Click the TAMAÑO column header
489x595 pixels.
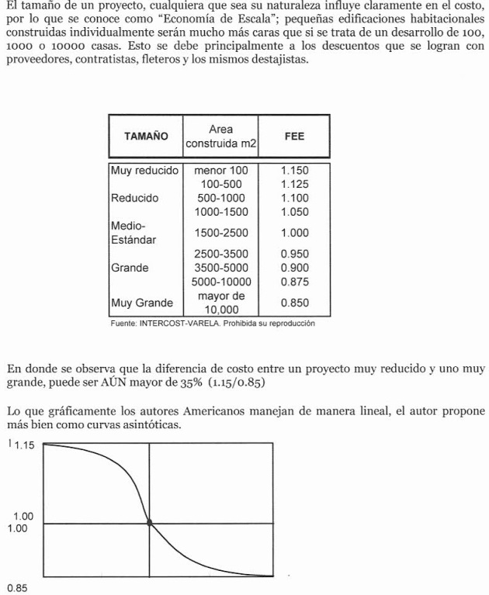(x=145, y=136)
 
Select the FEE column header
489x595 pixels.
(x=294, y=136)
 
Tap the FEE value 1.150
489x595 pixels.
(x=294, y=170)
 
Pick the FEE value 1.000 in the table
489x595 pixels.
(x=294, y=233)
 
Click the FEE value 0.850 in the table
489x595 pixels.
(x=294, y=303)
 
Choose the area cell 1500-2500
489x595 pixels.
(x=221, y=233)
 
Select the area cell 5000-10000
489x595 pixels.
(x=221, y=282)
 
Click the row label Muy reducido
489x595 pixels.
(x=145, y=170)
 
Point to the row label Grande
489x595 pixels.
(x=130, y=268)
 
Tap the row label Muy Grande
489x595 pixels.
(x=142, y=303)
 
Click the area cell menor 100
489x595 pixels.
(x=221, y=170)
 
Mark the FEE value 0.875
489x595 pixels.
(x=294, y=282)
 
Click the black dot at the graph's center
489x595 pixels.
(x=149, y=523)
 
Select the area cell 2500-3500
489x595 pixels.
(x=221, y=254)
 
